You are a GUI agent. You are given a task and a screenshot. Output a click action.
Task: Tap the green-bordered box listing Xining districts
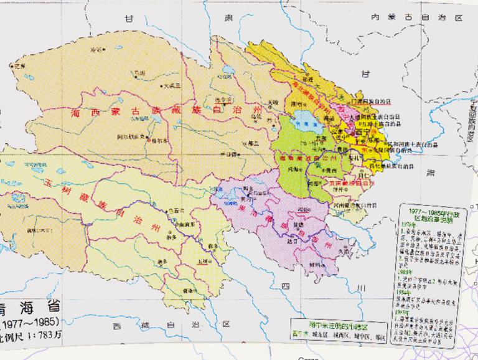click(342, 331)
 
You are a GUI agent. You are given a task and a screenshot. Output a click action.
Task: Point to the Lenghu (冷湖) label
click(95, 49)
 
